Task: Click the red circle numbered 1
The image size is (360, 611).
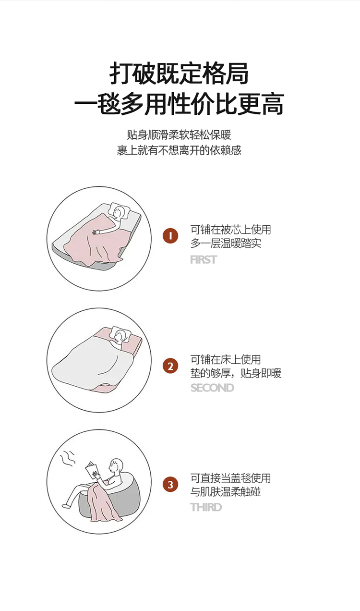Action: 170,236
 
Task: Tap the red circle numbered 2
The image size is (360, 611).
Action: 170,366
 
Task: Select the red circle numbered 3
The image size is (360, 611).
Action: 170,485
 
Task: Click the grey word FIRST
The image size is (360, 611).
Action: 204,260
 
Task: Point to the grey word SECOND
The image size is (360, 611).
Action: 212,388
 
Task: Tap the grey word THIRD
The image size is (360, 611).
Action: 206,507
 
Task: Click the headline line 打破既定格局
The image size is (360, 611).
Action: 179,73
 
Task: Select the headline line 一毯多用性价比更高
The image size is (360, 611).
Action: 180,104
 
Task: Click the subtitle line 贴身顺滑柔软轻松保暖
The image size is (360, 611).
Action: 179,135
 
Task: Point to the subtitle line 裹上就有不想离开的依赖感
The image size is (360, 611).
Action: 179,150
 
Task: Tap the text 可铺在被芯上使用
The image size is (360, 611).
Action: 230,230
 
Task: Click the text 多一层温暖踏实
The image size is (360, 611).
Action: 226,243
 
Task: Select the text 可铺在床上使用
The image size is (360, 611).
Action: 226,359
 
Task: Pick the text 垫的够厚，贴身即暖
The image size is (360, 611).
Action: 236,373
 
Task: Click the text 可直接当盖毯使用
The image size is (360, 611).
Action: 230,478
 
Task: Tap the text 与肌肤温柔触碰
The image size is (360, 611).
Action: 226,491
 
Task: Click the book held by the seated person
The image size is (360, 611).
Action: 92,470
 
